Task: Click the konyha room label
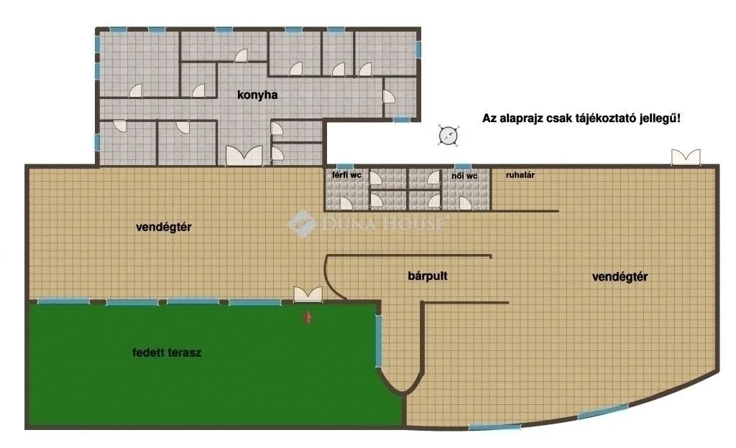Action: coord(257,95)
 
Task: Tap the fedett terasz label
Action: coord(167,353)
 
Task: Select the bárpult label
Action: coord(428,276)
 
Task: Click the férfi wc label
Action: coord(346,175)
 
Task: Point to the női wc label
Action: coord(464,176)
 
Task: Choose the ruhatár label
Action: coord(520,175)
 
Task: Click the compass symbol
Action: coord(448,136)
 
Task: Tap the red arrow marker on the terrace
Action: coord(308,317)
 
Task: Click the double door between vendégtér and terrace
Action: coord(308,294)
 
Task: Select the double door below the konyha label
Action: coord(244,156)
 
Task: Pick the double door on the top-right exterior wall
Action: coord(686,157)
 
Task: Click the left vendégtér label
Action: coord(164,228)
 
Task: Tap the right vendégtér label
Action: coord(620,277)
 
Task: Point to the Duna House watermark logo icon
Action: coord(302,223)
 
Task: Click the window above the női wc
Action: coord(462,167)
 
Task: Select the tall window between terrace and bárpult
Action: coord(379,341)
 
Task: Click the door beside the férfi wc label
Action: coord(376,179)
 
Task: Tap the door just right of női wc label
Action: coord(465,203)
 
